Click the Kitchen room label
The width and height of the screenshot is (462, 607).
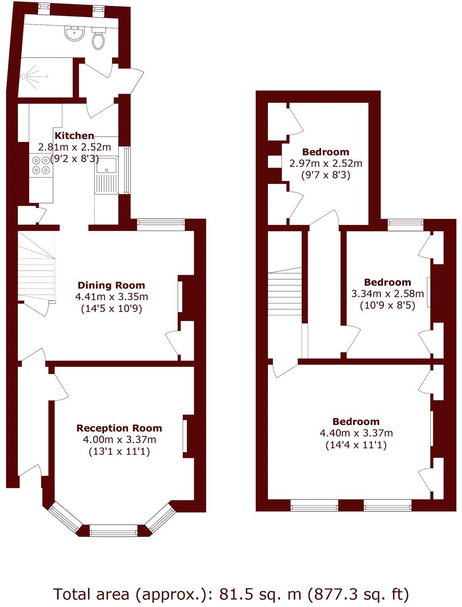(75, 136)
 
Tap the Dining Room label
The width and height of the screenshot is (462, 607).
(111, 285)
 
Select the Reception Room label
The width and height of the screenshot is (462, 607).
(119, 428)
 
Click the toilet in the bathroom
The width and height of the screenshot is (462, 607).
(98, 39)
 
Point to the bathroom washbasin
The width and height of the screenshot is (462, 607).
(75, 33)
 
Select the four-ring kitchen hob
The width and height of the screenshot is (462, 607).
(41, 165)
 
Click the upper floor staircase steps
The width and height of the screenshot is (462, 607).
(285, 292)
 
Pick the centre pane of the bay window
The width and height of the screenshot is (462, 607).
(114, 530)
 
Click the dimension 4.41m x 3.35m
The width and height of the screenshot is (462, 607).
(112, 296)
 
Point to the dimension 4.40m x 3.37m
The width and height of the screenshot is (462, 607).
(356, 433)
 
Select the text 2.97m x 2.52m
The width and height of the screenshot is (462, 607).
(326, 163)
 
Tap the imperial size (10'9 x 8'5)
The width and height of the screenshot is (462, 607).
(387, 306)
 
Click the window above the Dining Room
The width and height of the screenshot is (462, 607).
(161, 223)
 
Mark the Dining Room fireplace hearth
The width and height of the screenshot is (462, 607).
(180, 296)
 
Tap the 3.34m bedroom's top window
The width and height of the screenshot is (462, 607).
(405, 224)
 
